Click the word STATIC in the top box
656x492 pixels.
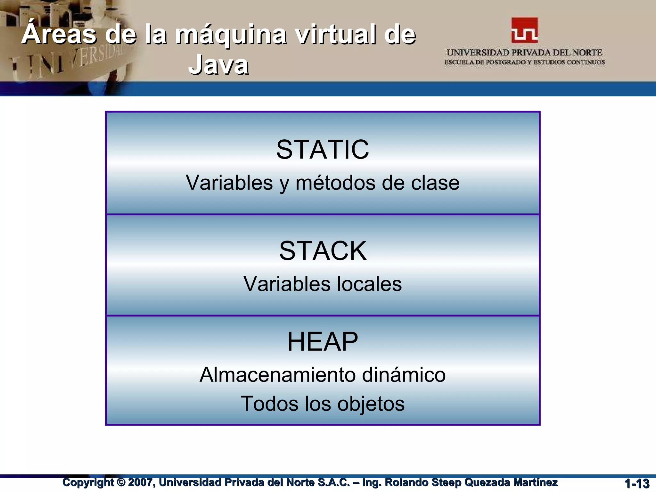[323, 150]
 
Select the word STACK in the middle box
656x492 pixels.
[323, 251]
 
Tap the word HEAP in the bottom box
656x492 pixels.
[323, 342]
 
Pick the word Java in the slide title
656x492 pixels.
[218, 65]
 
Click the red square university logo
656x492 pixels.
[524, 30]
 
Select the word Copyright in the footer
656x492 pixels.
[88, 482]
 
